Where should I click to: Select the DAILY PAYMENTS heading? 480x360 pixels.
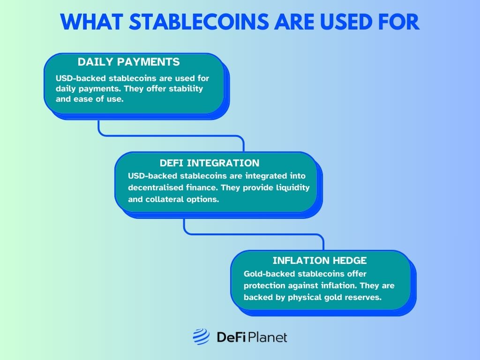pos(128,62)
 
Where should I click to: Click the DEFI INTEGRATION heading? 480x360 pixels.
pos(209,163)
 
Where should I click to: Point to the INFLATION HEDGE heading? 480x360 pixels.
pos(320,260)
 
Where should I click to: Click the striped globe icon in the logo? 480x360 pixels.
pos(201,337)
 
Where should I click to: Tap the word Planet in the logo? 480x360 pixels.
pos(268,337)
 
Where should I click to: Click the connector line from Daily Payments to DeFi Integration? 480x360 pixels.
pos(171,135)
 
